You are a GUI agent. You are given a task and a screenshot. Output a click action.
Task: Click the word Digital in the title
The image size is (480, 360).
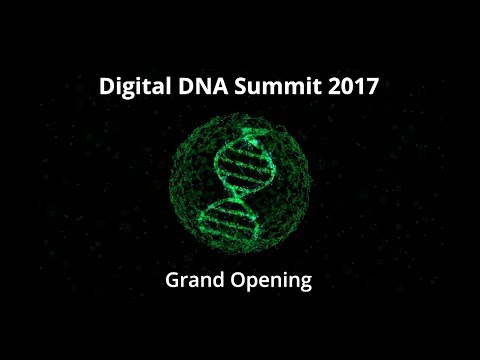point(135,87)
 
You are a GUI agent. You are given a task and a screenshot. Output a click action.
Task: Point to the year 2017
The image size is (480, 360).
point(354,87)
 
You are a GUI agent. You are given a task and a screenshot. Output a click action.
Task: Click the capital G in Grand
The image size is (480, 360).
point(171,281)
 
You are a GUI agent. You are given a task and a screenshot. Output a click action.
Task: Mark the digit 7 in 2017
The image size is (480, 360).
point(372,87)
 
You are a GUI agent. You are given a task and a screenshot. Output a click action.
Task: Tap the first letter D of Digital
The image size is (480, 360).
point(107,87)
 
